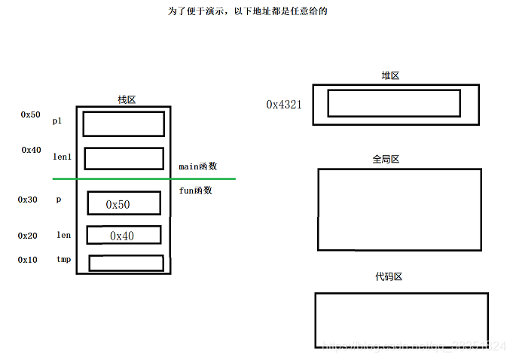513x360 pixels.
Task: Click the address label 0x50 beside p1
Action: coord(30,114)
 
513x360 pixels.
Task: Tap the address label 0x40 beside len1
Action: coord(31,150)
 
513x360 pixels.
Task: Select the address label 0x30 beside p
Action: coord(27,200)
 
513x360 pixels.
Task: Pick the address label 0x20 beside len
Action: coord(27,236)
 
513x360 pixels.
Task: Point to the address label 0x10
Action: coord(27,259)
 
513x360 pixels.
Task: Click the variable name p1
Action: coord(57,121)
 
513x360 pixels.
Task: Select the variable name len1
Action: coord(62,157)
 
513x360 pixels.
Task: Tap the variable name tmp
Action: coord(63,259)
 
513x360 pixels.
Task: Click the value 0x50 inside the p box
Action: coord(118,205)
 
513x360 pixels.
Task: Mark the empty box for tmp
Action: coord(126,263)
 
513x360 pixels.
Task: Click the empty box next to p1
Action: coord(124,124)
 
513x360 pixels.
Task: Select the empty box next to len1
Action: coord(124,158)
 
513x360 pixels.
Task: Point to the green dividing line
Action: coord(143,178)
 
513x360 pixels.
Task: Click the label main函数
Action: coord(197,166)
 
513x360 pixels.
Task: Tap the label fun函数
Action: coord(195,191)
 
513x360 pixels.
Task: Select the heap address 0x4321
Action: coord(284,105)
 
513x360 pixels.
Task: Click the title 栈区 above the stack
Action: coord(127,99)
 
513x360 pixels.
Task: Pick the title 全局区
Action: coord(385,160)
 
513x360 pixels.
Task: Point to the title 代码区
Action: coord(389,276)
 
